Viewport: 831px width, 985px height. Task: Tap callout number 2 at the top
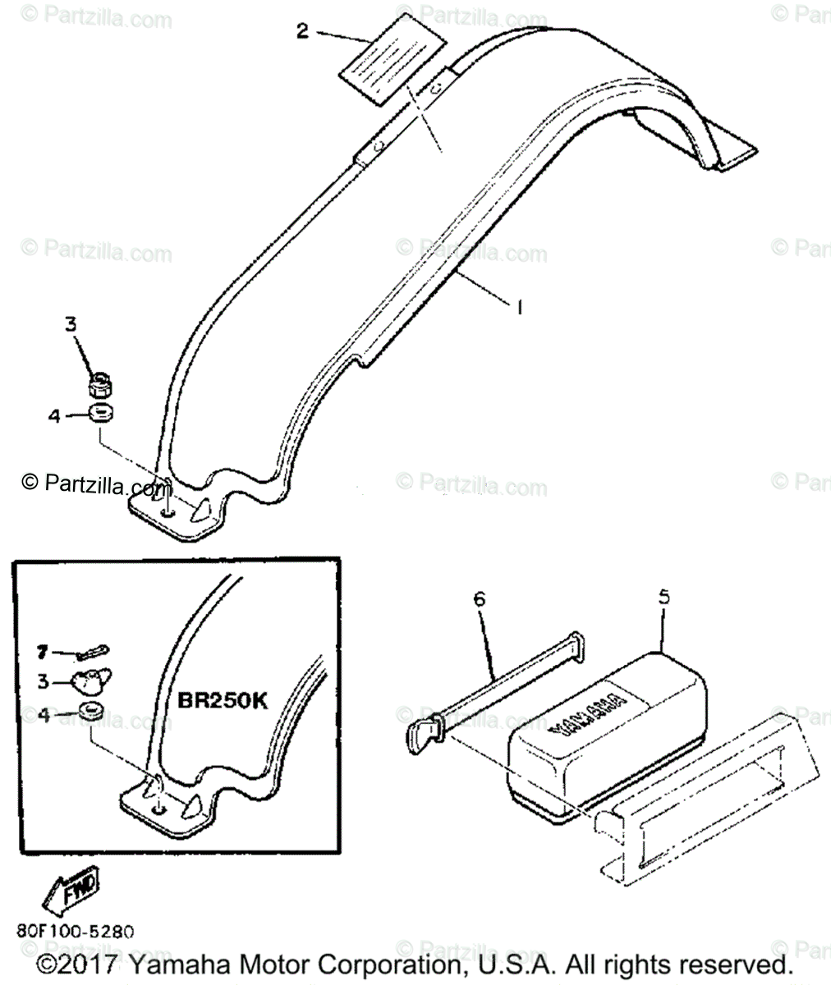tap(303, 31)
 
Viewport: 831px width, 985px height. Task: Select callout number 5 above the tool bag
tap(663, 597)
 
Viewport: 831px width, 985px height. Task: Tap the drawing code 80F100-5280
tap(74, 932)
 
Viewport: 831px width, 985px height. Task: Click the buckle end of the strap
tap(424, 727)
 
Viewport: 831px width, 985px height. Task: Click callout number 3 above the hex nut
tap(71, 324)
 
